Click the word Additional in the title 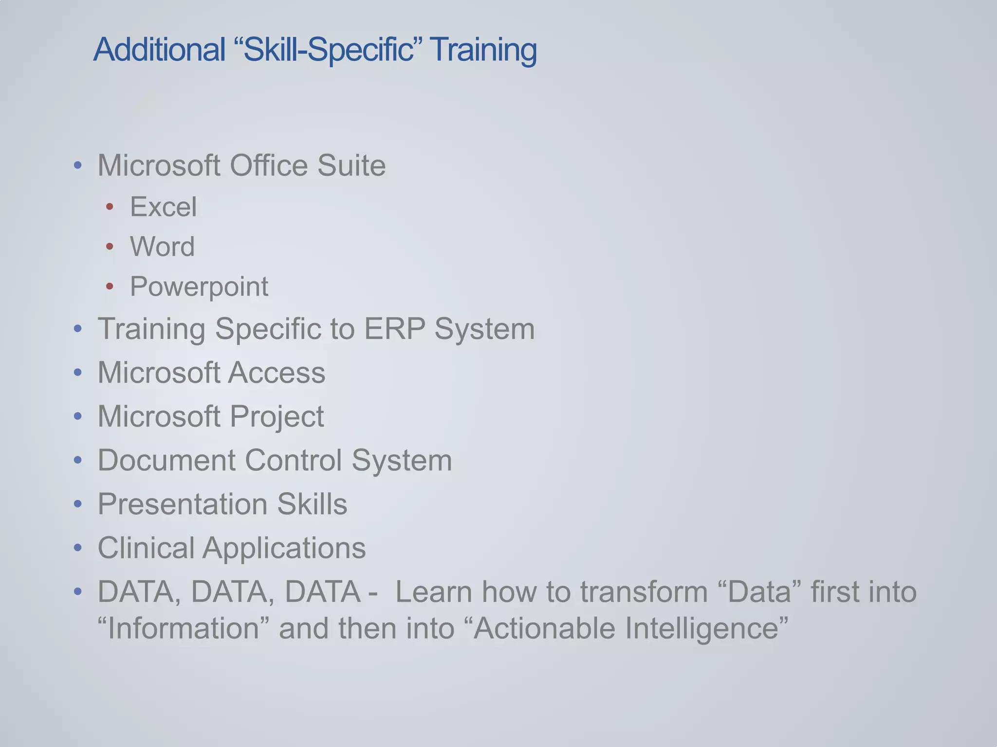tap(159, 50)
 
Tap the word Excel tap(164, 207)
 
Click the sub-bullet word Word tap(162, 247)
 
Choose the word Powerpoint tap(199, 286)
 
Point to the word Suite tap(351, 165)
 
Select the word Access tap(277, 373)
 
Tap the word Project tap(277, 417)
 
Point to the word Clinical tap(146, 548)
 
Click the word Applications tap(284, 549)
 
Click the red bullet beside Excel tap(110, 207)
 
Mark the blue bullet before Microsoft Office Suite tap(78, 166)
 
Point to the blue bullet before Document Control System tap(78, 461)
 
